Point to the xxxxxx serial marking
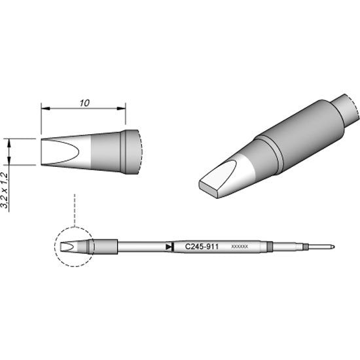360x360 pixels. click(x=240, y=247)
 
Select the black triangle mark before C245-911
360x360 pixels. click(x=170, y=247)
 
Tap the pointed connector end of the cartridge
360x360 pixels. click(x=332, y=247)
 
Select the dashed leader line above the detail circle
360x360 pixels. click(x=76, y=209)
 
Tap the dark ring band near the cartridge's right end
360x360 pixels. click(x=270, y=247)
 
